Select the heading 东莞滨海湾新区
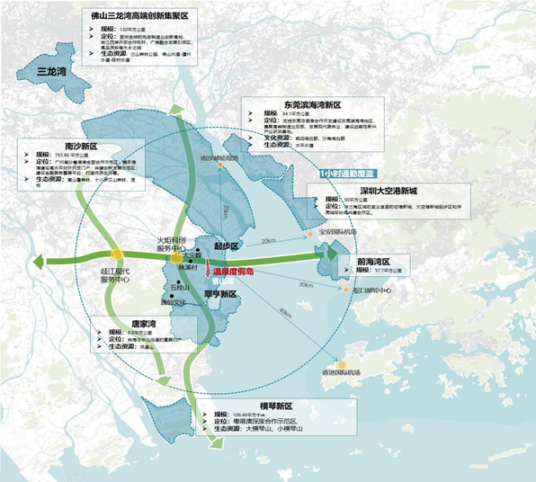(293, 103)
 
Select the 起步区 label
(227, 245)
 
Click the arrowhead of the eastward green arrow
(327, 256)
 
